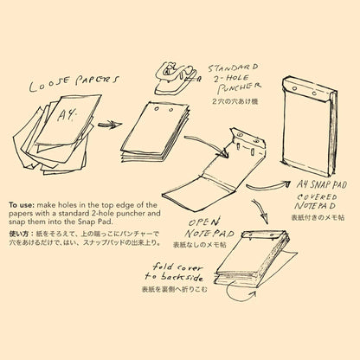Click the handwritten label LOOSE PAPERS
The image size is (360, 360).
coord(74,83)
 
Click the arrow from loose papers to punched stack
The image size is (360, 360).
coord(110,125)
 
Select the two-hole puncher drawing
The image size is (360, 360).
coord(176,78)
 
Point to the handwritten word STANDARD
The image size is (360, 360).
coord(233,68)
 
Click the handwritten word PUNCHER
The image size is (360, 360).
coord(239,87)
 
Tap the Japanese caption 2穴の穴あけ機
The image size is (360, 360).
coord(235,101)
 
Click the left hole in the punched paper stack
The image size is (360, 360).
coord(157,109)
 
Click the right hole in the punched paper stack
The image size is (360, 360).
coord(171,110)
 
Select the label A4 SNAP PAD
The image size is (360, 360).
coord(322,185)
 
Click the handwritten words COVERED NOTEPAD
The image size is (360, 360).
coord(317,202)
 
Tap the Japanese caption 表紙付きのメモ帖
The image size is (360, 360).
coord(318,217)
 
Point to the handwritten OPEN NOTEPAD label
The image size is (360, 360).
coord(210,228)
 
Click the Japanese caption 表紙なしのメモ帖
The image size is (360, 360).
coord(200,245)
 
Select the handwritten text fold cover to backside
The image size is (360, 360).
coord(174,272)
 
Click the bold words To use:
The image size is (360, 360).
coord(22,205)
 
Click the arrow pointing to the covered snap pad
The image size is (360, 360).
coord(268,186)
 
